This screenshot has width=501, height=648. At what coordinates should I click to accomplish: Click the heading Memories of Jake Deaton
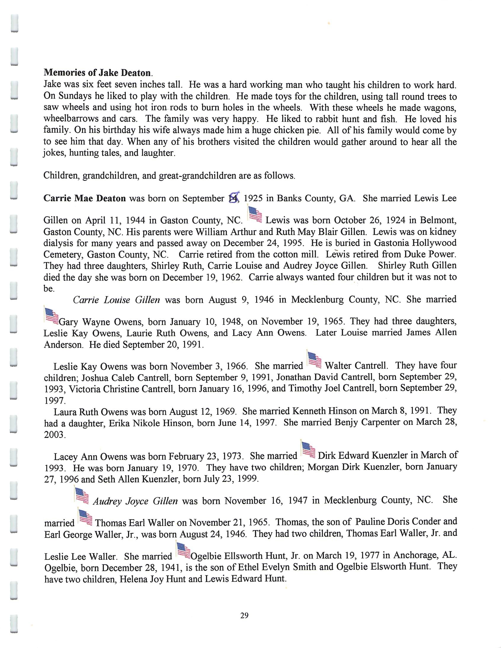point(98,73)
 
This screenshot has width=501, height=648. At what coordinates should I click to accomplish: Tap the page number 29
point(244,616)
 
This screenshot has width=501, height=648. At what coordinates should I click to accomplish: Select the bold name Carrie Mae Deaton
point(85,198)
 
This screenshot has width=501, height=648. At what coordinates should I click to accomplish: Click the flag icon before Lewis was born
point(255,215)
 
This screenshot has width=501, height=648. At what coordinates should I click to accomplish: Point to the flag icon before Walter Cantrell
point(314,360)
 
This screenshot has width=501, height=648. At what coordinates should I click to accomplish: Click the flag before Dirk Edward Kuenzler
point(308,450)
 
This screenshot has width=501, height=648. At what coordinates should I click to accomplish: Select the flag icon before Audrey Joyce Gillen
point(81,495)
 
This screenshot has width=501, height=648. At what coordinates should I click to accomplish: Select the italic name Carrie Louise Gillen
point(116,300)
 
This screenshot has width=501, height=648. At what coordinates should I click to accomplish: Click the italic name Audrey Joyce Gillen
point(135,501)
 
